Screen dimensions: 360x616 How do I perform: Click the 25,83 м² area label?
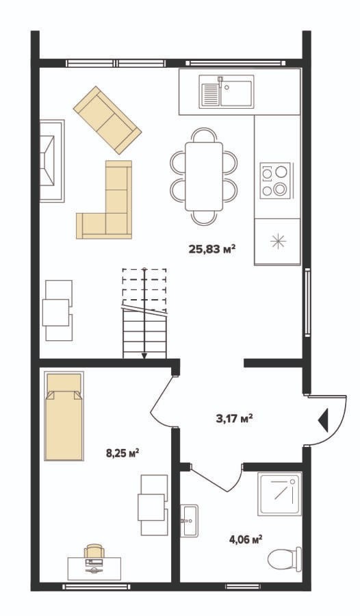(x=212, y=248)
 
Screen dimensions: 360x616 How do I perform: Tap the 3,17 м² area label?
(x=234, y=418)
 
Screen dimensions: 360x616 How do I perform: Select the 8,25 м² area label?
(x=123, y=453)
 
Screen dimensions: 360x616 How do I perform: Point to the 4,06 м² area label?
(x=246, y=539)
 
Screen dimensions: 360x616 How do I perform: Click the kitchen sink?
(x=227, y=92)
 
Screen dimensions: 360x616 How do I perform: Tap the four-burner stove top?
(x=275, y=180)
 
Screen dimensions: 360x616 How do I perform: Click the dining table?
(x=204, y=177)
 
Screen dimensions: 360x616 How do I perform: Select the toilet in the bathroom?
(x=285, y=559)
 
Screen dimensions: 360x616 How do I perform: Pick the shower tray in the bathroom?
(x=280, y=493)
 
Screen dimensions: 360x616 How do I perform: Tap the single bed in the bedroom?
(x=64, y=415)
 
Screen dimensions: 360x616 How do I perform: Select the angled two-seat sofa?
(x=107, y=120)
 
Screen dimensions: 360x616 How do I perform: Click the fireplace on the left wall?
(x=51, y=161)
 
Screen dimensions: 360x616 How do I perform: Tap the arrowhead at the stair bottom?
(x=144, y=356)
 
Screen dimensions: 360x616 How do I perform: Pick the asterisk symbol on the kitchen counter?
(x=279, y=240)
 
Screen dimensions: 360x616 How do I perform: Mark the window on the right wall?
(x=307, y=303)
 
